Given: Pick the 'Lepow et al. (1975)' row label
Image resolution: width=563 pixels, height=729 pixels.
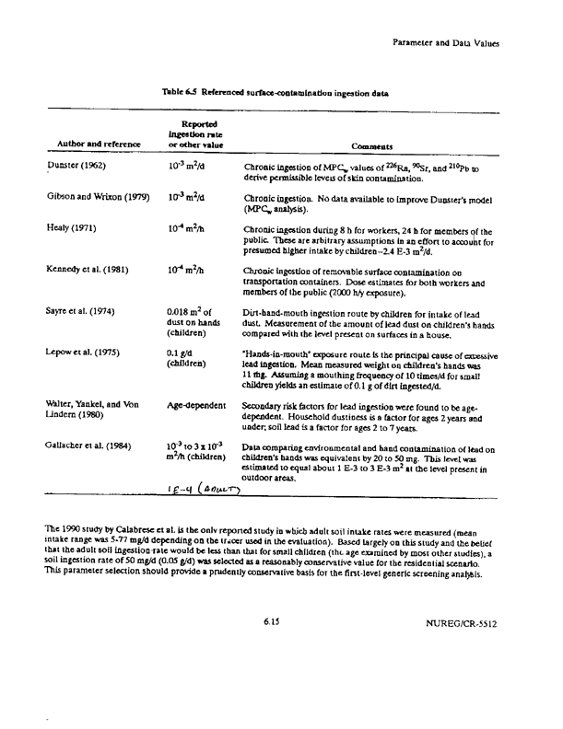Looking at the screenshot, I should pos(89,353).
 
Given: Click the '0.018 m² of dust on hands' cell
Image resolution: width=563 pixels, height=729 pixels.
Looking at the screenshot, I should pos(189,323).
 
